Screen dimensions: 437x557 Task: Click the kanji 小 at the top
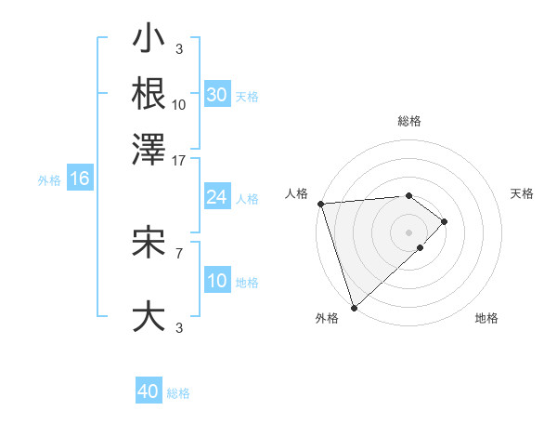tap(149, 42)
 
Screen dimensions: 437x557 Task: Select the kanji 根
tap(149, 93)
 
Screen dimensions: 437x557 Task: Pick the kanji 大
tap(149, 316)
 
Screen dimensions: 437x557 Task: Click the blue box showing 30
tap(216, 96)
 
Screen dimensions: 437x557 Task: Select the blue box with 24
tap(216, 197)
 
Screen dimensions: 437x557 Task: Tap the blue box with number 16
tap(79, 179)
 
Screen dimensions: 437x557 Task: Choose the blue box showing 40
tap(149, 391)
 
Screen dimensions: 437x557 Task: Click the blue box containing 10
tap(216, 282)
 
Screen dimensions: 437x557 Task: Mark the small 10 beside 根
tap(179, 105)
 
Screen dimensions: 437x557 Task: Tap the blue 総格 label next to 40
tap(178, 393)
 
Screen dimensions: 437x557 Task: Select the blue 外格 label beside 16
tap(48, 180)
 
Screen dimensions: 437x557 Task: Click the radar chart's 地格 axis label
tap(486, 318)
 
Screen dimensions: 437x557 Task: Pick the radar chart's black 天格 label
tap(522, 193)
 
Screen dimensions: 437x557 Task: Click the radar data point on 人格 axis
tap(320, 204)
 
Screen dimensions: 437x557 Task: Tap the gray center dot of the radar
tap(408, 232)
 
